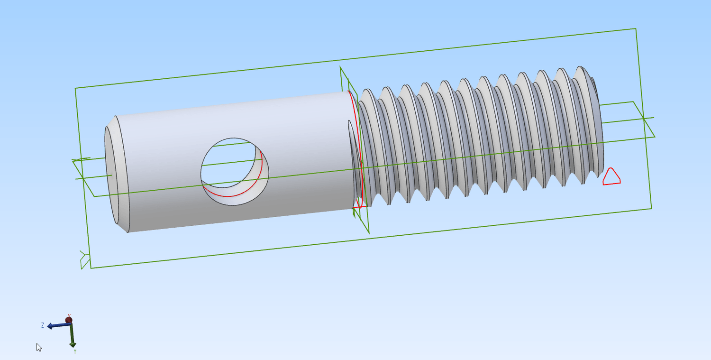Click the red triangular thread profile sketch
pos(611,177)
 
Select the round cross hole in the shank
pos(235,171)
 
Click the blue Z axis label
pos(43,325)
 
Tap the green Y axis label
pos(75,351)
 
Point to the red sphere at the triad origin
pos(69,320)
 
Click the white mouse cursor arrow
pos(39,347)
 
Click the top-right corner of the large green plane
pos(635,28)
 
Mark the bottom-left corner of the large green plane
pos(91,268)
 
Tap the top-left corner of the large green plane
pos(76,88)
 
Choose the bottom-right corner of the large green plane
pos(651,208)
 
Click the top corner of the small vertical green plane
pos(340,67)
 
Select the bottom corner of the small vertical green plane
pos(369,233)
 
